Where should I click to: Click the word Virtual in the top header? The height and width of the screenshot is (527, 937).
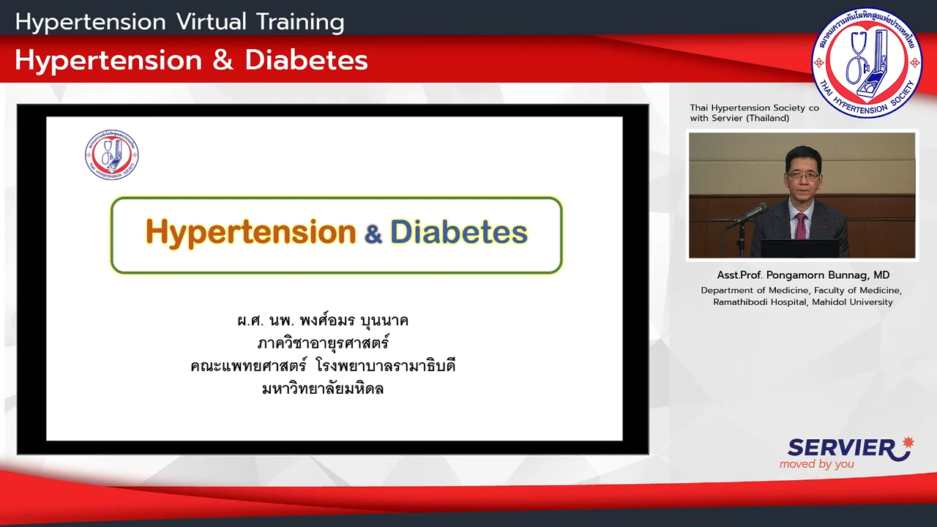click(x=212, y=22)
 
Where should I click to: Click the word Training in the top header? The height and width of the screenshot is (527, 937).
click(x=300, y=23)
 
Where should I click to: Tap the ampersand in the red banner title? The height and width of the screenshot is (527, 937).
click(x=223, y=60)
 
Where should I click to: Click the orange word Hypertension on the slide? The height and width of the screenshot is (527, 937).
click(x=250, y=233)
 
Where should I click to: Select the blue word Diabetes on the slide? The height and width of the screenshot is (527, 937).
click(x=459, y=232)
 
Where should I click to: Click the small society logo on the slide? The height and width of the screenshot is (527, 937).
click(x=112, y=154)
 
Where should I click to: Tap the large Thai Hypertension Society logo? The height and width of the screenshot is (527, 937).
click(x=866, y=63)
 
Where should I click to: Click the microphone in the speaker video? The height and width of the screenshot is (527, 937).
click(x=747, y=215)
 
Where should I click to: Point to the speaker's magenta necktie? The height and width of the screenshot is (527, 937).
click(x=801, y=226)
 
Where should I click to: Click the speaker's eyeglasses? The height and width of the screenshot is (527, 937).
click(x=803, y=176)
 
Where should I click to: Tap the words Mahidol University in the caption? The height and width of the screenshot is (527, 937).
click(x=853, y=302)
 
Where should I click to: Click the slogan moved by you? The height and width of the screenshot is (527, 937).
click(x=816, y=464)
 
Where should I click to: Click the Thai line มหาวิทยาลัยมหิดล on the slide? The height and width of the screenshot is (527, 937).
click(x=323, y=389)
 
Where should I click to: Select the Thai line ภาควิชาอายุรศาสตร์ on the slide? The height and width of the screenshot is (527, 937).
click(x=323, y=343)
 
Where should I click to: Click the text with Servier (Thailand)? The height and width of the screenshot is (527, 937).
click(x=739, y=119)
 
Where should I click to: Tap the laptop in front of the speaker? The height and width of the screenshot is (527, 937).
click(x=799, y=248)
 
